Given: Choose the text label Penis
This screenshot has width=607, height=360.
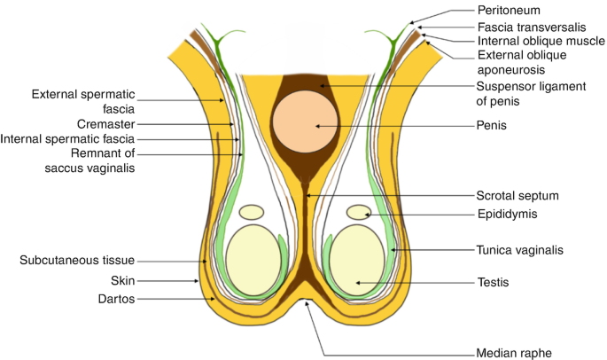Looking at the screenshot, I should tap(489, 127).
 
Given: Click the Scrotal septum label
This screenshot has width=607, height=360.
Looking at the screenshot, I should tap(518, 195).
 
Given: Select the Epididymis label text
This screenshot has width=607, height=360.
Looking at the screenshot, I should tap(509, 214).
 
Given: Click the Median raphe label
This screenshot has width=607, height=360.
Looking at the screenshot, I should tap(514, 353).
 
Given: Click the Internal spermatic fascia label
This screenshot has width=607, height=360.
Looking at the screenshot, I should tap(67, 139).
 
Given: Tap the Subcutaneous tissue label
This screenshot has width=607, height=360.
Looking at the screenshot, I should tap(77, 261).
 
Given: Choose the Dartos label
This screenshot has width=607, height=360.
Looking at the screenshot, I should tap(115, 300).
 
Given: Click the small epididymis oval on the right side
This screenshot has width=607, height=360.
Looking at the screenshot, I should tap(359, 212).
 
